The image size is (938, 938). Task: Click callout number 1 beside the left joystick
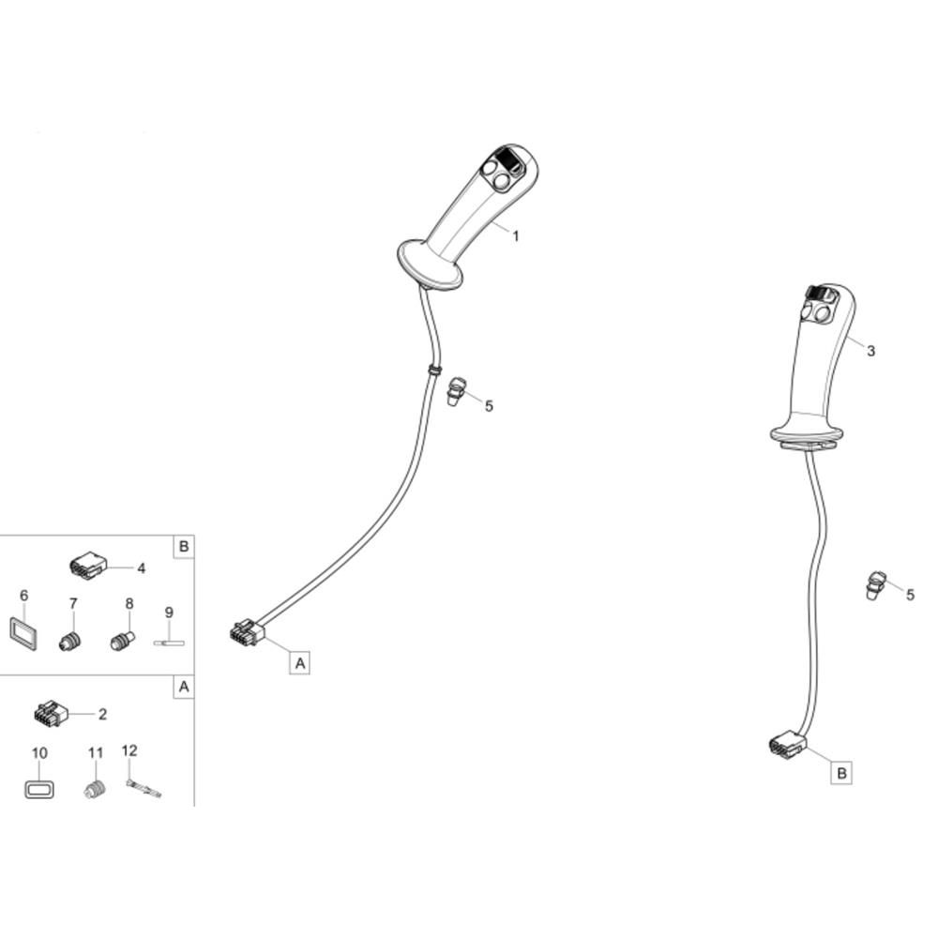[515, 236]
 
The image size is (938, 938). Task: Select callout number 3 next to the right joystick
[870, 351]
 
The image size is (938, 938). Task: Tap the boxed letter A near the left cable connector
[299, 663]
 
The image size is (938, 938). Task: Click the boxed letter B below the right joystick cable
[841, 773]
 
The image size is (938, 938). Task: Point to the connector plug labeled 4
[87, 567]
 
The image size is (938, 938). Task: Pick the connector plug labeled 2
[51, 715]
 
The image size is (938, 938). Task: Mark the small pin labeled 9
[169, 643]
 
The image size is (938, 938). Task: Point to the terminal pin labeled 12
[143, 789]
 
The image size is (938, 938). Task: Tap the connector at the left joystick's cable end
[247, 634]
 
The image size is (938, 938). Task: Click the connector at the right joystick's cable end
[786, 745]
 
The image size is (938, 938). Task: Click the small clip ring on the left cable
[434, 370]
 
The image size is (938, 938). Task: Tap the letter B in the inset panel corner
[183, 546]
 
